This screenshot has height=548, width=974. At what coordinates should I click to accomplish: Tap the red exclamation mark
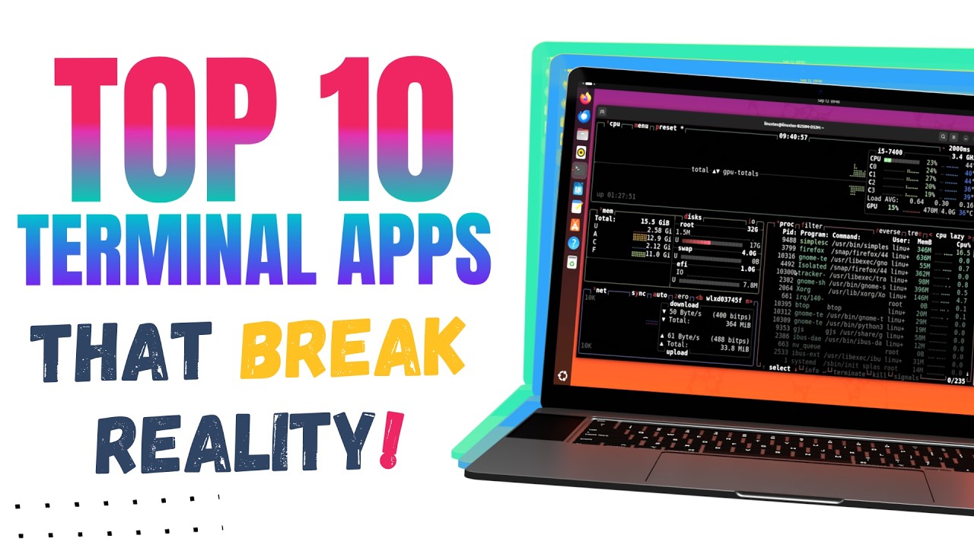click(393, 439)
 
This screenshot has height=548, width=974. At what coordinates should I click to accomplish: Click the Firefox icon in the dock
click(584, 98)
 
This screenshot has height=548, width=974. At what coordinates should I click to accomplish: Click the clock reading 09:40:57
click(794, 138)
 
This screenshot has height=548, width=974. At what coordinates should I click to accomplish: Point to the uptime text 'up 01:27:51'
click(616, 196)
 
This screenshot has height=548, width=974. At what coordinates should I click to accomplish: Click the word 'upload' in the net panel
click(676, 353)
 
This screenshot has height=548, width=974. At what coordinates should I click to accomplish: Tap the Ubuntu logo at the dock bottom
click(563, 375)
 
